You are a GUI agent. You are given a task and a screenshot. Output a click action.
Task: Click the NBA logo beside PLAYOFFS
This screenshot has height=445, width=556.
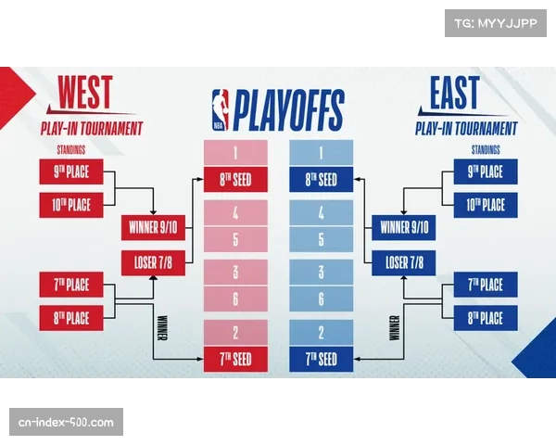(x=219, y=110)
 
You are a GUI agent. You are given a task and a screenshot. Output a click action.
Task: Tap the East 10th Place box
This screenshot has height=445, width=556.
(x=485, y=205)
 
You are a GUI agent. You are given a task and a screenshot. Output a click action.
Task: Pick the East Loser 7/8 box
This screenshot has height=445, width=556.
(x=404, y=261)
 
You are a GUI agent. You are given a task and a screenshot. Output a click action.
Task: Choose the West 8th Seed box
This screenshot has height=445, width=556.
(x=235, y=180)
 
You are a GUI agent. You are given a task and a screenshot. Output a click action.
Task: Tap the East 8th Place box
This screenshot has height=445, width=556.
(x=485, y=318)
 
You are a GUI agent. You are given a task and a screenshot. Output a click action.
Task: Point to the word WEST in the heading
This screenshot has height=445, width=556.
(x=85, y=95)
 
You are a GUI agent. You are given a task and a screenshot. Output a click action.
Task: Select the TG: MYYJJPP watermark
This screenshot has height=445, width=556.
(x=489, y=22)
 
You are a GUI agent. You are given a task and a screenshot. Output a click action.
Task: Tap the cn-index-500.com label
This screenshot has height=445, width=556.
(x=67, y=423)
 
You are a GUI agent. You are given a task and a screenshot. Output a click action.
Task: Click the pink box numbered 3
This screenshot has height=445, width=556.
(x=235, y=273)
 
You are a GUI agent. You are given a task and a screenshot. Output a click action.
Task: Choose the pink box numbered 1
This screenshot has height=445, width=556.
(x=235, y=151)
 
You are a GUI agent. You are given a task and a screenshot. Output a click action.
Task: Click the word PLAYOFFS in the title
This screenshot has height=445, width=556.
(x=287, y=110)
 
